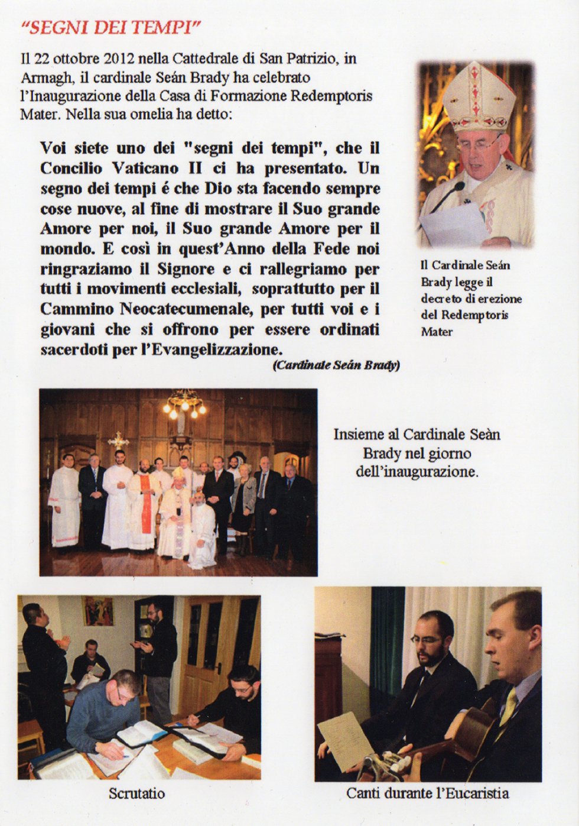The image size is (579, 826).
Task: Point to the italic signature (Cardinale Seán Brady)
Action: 336,365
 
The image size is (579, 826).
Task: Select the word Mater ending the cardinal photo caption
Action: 437,332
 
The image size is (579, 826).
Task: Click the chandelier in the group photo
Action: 184,404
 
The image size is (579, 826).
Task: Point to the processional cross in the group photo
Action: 118,440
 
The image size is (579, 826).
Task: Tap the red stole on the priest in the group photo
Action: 145,503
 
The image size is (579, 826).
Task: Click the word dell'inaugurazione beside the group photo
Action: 416,472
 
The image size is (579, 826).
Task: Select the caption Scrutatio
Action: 136,793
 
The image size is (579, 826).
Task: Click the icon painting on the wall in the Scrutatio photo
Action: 98,611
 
